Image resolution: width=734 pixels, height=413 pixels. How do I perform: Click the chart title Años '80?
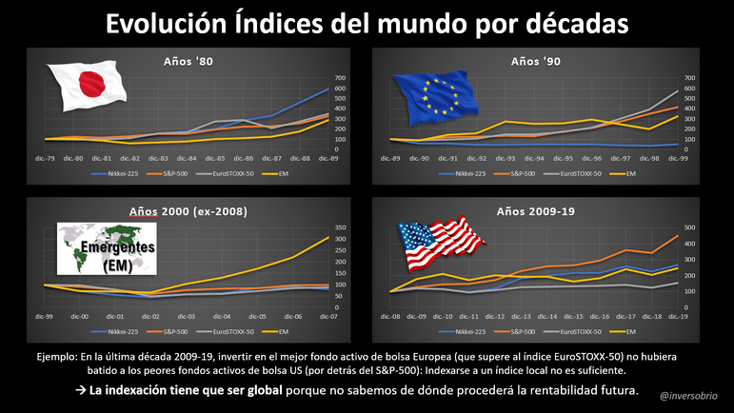(186, 63)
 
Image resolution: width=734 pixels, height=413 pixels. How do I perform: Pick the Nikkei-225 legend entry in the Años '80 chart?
(118, 174)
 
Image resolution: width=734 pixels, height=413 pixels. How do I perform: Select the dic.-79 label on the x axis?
(45, 157)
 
